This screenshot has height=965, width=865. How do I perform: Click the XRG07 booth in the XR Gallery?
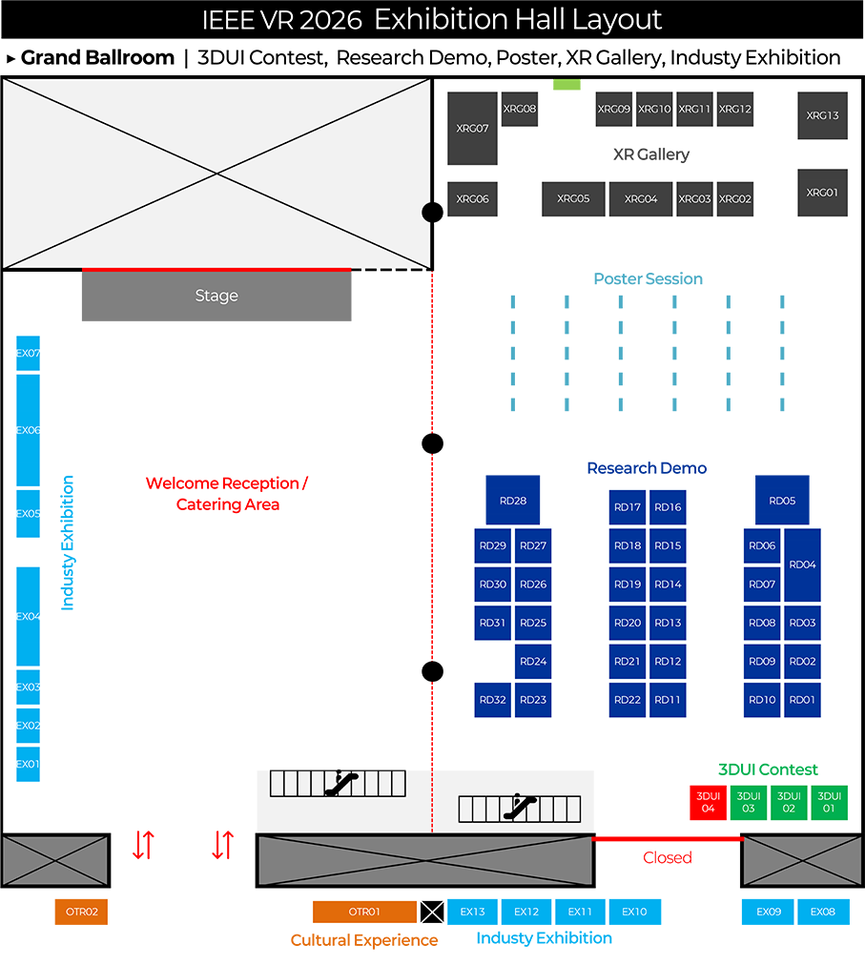pos(472,128)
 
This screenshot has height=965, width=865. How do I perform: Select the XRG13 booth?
pos(822,115)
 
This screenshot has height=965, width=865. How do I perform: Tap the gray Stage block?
pos(216,297)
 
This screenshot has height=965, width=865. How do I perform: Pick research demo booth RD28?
pos(512,500)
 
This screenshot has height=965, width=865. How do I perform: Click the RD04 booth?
pos(803,565)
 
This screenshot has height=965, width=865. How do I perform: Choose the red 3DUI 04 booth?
pos(708,802)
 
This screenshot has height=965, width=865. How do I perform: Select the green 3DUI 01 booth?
pos(830,802)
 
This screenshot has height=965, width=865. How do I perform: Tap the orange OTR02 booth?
pos(81,912)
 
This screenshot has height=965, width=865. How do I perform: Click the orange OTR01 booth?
pos(364,912)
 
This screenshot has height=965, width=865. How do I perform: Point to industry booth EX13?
pos(472,912)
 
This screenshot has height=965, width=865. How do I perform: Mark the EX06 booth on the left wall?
pos(28,430)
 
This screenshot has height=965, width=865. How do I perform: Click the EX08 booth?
pos(822,912)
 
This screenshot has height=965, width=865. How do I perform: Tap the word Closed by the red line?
pos(667,857)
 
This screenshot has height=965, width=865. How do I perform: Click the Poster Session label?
pos(648,278)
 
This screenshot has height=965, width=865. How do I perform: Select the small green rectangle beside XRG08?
pos(566,85)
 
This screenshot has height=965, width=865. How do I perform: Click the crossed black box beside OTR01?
pos(432,912)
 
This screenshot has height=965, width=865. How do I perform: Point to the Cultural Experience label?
pos(364,940)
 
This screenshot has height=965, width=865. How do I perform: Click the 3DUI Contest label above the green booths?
pos(768,770)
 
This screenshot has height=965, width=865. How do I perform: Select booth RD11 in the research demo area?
pos(668,700)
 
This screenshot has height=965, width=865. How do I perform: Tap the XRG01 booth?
pos(822,192)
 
